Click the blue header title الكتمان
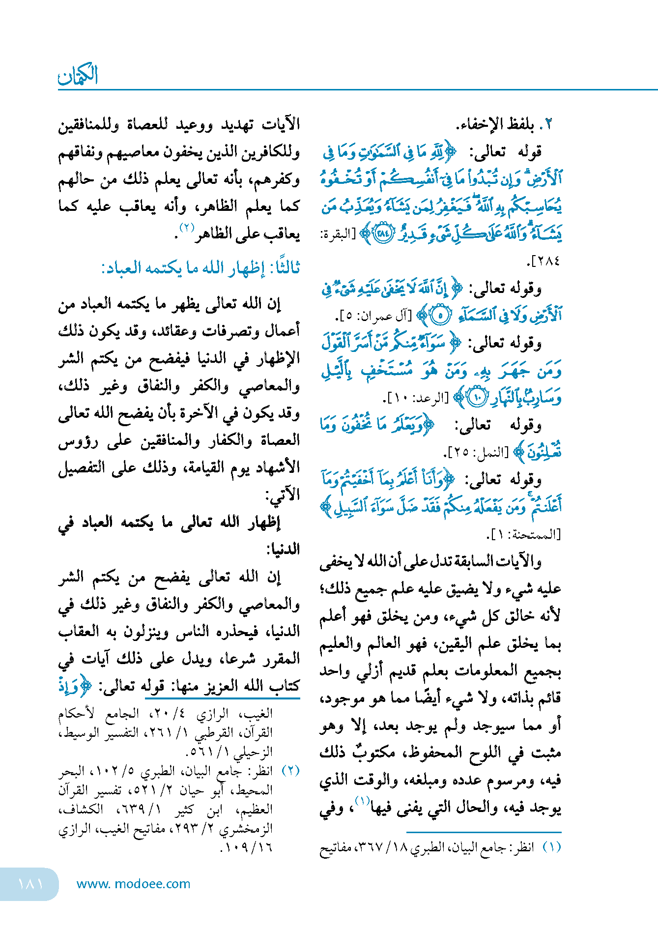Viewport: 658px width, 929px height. (x=78, y=75)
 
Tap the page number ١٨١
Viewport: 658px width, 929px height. (x=30, y=883)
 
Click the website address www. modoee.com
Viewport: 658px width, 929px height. (x=133, y=884)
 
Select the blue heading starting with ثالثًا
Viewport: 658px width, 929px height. (x=200, y=268)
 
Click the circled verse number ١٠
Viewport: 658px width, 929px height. (x=477, y=397)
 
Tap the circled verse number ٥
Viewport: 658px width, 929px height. (x=440, y=316)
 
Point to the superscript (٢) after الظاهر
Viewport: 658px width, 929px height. (x=187, y=228)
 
